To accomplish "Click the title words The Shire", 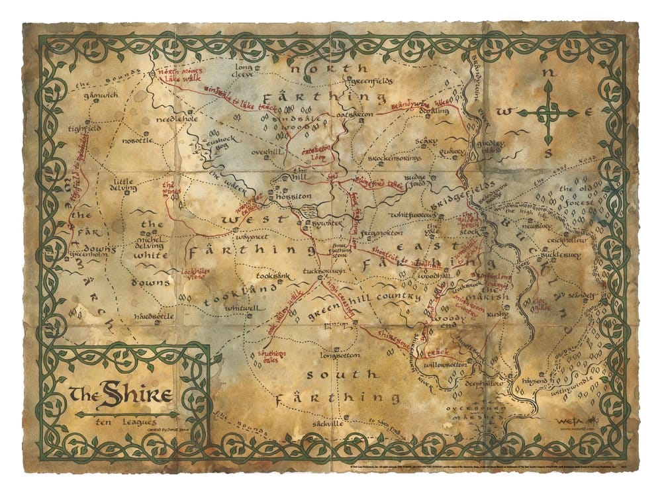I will pos(120,396).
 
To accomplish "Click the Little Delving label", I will pos(125,185).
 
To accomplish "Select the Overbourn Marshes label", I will pos(476,412).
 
